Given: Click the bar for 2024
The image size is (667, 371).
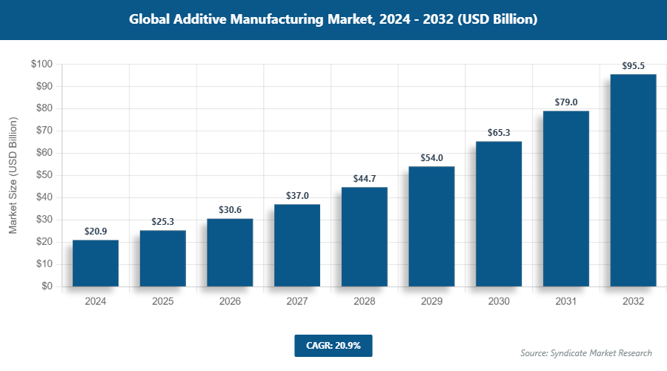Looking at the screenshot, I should (x=96, y=263).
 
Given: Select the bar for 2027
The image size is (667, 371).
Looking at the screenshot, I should (x=297, y=245).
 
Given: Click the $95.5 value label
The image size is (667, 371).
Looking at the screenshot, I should (x=633, y=66).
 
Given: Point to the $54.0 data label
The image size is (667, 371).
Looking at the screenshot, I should (x=431, y=158).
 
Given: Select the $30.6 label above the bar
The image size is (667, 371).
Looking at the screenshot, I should (x=230, y=210).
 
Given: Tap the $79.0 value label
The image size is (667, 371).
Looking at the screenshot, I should (x=566, y=102).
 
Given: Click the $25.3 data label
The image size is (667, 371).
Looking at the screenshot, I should (x=163, y=222).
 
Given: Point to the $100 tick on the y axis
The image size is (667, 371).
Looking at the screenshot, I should (x=41, y=65).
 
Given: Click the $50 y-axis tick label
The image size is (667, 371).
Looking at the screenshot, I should (x=43, y=175).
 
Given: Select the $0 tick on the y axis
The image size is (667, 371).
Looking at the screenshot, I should (x=46, y=286).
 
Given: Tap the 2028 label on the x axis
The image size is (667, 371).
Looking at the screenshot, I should (x=364, y=302).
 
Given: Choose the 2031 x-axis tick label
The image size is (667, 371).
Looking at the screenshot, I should (x=566, y=302).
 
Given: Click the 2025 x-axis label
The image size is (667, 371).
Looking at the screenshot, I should (x=163, y=302).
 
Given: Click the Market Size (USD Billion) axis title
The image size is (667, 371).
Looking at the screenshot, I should (x=13, y=176).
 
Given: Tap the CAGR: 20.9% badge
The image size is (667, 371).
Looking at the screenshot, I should (x=333, y=345).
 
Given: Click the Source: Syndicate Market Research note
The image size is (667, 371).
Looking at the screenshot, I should (x=585, y=352).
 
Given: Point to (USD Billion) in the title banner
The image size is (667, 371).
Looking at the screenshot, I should (x=497, y=20).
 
